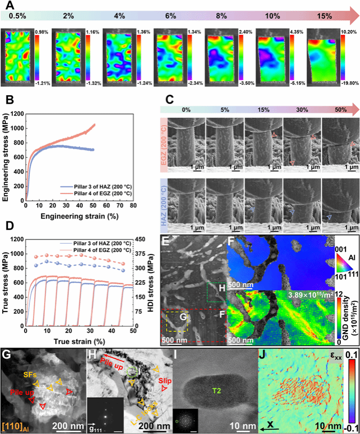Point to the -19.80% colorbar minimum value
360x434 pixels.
coord(349,82)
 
